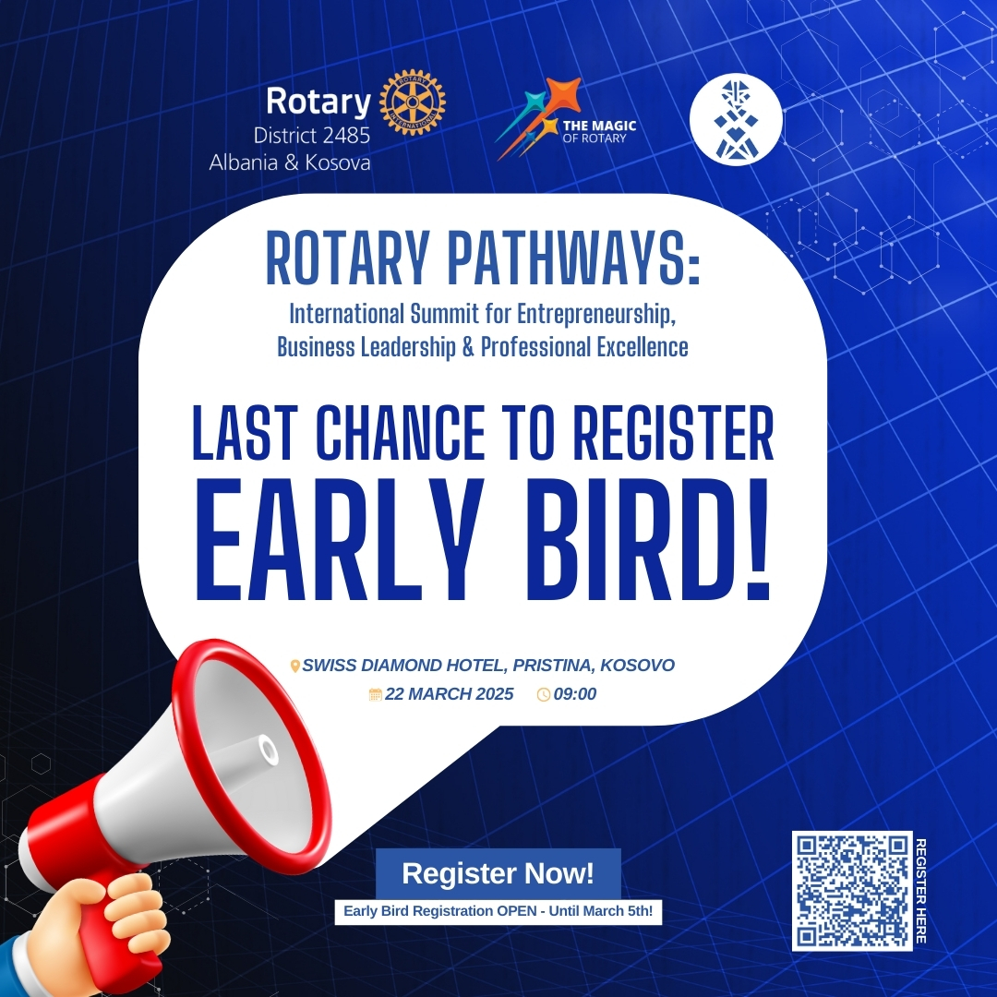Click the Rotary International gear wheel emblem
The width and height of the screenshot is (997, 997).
pyautogui.click(x=412, y=103)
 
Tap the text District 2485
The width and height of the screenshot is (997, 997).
pyautogui.click(x=312, y=136)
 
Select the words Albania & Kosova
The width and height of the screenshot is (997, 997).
pyautogui.click(x=290, y=162)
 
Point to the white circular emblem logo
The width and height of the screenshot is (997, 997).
pyautogui.click(x=737, y=119)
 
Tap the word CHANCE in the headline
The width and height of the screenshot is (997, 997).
pyautogui.click(x=400, y=432)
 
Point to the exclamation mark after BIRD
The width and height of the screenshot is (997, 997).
pyautogui.click(x=757, y=540)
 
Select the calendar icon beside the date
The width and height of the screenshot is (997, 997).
pyautogui.click(x=375, y=694)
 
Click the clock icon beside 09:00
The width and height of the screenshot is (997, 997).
pyautogui.click(x=544, y=694)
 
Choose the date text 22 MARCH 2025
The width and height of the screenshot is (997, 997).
pyautogui.click(x=449, y=693)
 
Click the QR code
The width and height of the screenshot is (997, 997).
pyautogui.click(x=852, y=891)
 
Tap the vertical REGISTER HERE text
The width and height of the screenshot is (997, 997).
pyautogui.click(x=920, y=891)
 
